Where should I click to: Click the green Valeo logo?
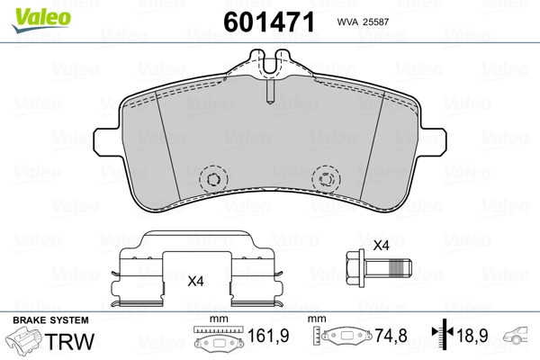point(41,20)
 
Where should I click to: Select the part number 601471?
point(269,22)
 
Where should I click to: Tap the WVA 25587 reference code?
point(363,22)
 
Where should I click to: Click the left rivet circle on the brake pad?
point(213,179)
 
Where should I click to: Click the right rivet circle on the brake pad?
point(326,179)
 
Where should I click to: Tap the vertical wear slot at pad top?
point(270,90)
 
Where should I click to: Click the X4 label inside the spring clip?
point(195,282)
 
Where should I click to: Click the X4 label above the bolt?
point(382,246)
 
